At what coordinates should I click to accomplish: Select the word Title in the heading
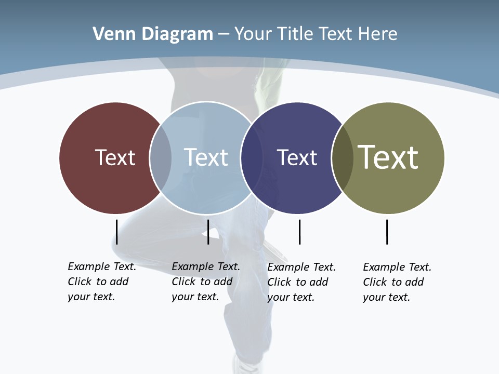tap(296, 34)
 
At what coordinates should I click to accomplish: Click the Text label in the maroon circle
tap(115, 157)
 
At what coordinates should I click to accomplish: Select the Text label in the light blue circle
tap(206, 157)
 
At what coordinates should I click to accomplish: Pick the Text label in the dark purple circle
tap(297, 157)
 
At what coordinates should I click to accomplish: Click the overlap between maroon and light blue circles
tap(161, 158)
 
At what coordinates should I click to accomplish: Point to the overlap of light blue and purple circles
tap(252, 158)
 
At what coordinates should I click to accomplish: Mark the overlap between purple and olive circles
tap(343, 158)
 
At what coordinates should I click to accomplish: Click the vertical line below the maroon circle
tap(117, 232)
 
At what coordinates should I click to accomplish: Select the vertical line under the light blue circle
tap(208, 232)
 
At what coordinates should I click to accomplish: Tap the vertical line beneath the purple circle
tap(299, 232)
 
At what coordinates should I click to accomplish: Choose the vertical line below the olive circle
tap(387, 232)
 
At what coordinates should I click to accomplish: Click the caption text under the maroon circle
tap(101, 282)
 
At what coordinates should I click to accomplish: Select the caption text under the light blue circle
tap(205, 282)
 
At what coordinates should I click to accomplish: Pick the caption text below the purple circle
tap(301, 282)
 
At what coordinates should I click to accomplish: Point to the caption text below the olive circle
tap(397, 282)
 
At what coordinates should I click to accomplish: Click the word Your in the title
tap(253, 34)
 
